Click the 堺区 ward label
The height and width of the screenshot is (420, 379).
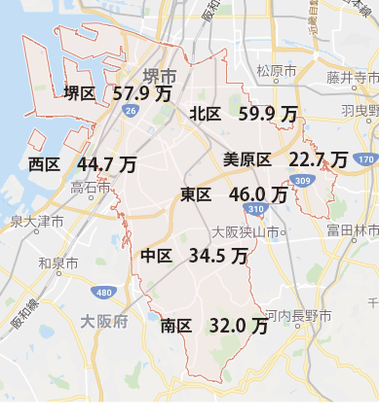tap(79, 93)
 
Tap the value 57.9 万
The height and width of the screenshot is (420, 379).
tap(143, 93)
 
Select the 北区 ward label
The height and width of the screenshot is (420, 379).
tap(206, 114)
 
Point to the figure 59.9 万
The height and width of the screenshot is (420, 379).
tap(268, 114)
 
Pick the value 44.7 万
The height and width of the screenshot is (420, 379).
tap(106, 163)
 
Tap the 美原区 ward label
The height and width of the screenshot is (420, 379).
tap(246, 159)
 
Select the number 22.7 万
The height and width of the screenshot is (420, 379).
tap(318, 159)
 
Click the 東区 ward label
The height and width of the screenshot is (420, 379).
tap(196, 194)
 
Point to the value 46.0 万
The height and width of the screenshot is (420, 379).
tap(258, 194)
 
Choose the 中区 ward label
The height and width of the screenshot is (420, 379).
tap(156, 256)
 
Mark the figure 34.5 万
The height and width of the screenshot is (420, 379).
tap(218, 256)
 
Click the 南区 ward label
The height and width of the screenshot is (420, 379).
tap(176, 326)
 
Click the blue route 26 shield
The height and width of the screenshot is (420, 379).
tap(130, 112)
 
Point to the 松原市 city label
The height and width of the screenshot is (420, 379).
tap(276, 71)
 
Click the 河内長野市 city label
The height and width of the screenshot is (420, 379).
tap(298, 316)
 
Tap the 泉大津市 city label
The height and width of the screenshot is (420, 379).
tap(37, 223)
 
